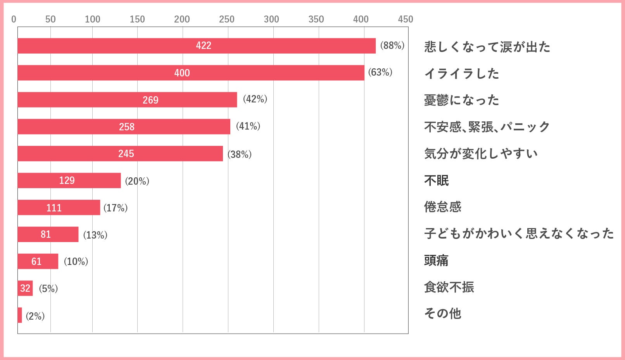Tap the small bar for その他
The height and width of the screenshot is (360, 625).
(x=20, y=315)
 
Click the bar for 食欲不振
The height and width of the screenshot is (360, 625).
(x=25, y=288)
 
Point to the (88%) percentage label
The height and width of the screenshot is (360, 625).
(x=392, y=45)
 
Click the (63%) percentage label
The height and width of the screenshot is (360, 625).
(x=380, y=72)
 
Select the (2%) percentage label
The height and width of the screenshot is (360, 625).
(x=35, y=316)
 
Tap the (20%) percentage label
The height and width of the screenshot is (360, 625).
(x=137, y=181)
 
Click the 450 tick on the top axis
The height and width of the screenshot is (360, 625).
(x=406, y=19)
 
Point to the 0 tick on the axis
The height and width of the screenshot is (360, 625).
(x=14, y=19)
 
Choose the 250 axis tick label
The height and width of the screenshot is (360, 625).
(x=226, y=19)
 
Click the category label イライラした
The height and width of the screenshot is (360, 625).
(x=461, y=73)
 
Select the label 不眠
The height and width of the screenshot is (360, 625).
(x=436, y=180)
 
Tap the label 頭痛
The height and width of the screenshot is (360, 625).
(x=436, y=260)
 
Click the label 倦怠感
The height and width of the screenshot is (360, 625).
(x=442, y=207)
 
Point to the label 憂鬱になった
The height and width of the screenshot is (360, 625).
(x=461, y=100)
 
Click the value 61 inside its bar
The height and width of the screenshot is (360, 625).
(x=36, y=261)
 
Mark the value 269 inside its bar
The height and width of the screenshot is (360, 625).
(x=150, y=100)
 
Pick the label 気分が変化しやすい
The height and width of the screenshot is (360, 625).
(x=481, y=154)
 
